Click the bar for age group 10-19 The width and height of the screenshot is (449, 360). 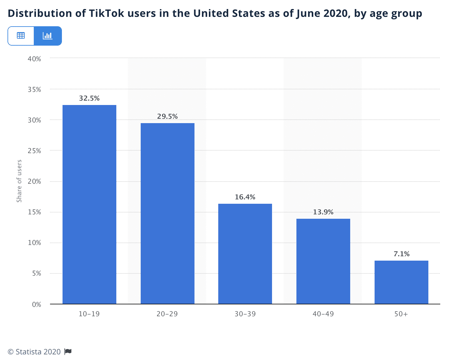click(x=89, y=204)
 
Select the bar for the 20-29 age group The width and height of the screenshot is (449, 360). click(x=168, y=213)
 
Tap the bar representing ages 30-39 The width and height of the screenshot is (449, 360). click(x=245, y=254)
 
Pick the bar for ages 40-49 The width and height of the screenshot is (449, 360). click(x=323, y=261)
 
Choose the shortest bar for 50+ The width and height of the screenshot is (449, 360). click(x=401, y=282)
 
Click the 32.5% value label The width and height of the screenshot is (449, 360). click(x=89, y=98)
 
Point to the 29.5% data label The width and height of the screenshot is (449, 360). click(x=168, y=117)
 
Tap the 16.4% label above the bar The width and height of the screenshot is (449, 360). click(x=245, y=197)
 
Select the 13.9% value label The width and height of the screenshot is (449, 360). click(x=323, y=212)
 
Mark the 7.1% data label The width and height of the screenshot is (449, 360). click(x=401, y=254)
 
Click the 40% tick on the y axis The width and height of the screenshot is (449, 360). click(x=34, y=59)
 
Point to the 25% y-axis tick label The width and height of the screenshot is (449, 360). click(x=34, y=151)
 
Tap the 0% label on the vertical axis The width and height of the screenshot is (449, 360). click(x=37, y=304)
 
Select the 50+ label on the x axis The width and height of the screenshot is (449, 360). click(x=401, y=314)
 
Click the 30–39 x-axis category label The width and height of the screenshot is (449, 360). click(x=245, y=314)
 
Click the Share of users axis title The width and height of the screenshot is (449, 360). click(x=19, y=181)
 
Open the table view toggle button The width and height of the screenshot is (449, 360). click(x=21, y=36)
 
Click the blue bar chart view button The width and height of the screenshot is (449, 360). click(x=48, y=36)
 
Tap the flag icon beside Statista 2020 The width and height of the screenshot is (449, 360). click(x=68, y=352)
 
